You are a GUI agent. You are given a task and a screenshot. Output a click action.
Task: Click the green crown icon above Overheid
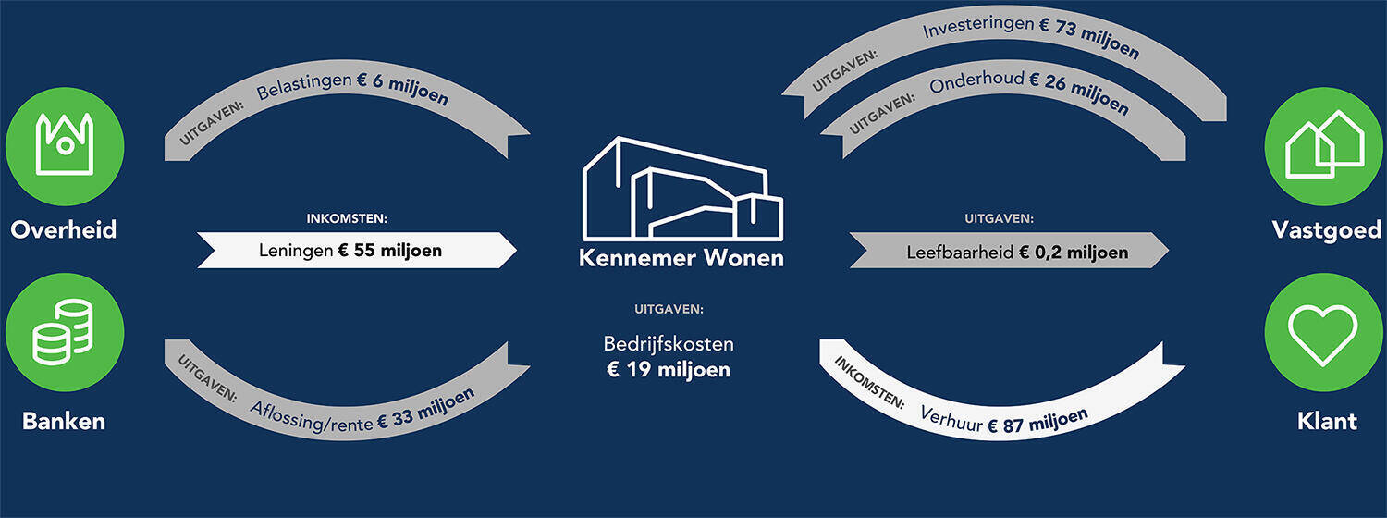[65, 146]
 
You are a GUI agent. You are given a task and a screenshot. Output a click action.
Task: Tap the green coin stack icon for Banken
[65, 332]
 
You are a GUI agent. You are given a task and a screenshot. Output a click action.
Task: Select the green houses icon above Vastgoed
[1324, 146]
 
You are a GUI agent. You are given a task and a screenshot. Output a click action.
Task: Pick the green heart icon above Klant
[1324, 332]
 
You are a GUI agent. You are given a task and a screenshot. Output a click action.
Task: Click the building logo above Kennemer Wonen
[682, 189]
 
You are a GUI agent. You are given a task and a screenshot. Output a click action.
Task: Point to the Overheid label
[64, 230]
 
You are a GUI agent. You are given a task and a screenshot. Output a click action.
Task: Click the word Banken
[64, 422]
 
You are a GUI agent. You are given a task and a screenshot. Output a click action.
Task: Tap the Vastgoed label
[1326, 230]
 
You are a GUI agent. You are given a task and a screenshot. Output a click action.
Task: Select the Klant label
[1327, 422]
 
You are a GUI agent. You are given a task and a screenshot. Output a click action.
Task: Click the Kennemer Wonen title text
[681, 258]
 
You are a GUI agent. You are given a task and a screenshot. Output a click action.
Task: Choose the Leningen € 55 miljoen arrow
[357, 251]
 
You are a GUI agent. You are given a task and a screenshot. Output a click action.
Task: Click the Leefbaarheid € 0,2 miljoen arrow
[1009, 251]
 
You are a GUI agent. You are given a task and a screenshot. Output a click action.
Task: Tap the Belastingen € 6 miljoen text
[352, 89]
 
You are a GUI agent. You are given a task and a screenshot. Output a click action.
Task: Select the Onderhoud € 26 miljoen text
[1029, 91]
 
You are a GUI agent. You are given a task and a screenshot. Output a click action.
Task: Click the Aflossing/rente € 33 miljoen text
[362, 412]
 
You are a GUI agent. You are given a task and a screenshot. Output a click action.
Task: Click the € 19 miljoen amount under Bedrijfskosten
[669, 370]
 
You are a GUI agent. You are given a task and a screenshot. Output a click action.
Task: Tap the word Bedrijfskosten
[669, 344]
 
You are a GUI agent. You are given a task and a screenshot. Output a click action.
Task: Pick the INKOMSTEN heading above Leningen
[347, 218]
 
